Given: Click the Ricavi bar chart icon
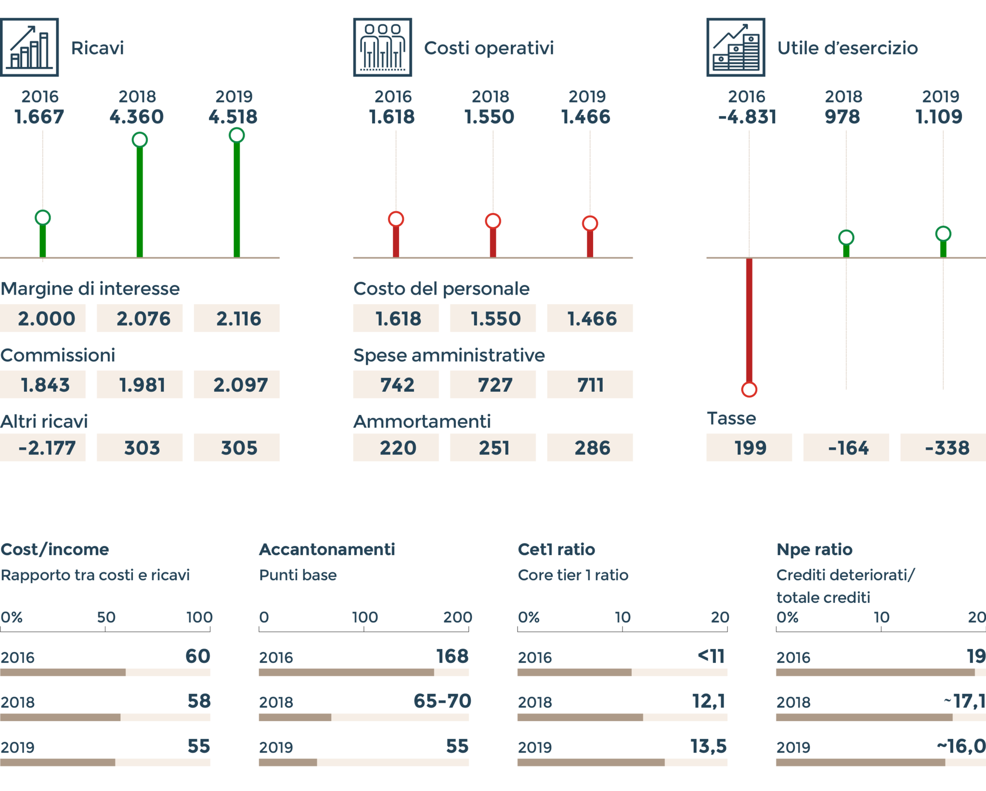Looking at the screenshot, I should pos(30,47).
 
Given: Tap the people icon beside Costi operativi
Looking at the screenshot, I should pos(383,47).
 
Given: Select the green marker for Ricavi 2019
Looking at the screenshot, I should pos(236,135).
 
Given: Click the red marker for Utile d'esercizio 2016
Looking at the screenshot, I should pos(749,389).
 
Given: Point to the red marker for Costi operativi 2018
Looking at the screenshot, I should pos(493,221).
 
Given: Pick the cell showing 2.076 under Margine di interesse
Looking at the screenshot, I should pos(140,318).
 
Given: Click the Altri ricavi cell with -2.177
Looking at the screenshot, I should pos(43,448).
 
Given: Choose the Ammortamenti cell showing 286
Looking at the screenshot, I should pos(590,448).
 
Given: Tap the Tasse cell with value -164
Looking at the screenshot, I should pos(846,448).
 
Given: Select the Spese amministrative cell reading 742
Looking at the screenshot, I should pos(396,385).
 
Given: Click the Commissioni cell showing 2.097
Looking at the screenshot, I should pos(236,385).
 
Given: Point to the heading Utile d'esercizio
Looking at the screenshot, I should pos(847,48).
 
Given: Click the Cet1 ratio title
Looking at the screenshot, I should pos(556,549).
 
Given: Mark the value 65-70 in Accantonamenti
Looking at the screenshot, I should pos(442,701).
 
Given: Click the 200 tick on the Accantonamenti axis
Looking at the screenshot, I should pos(457,617).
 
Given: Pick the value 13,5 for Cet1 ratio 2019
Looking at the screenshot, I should pos(708,746).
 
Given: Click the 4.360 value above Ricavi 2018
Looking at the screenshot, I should pos(137,117).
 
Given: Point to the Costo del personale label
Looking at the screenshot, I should pos(441,289).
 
